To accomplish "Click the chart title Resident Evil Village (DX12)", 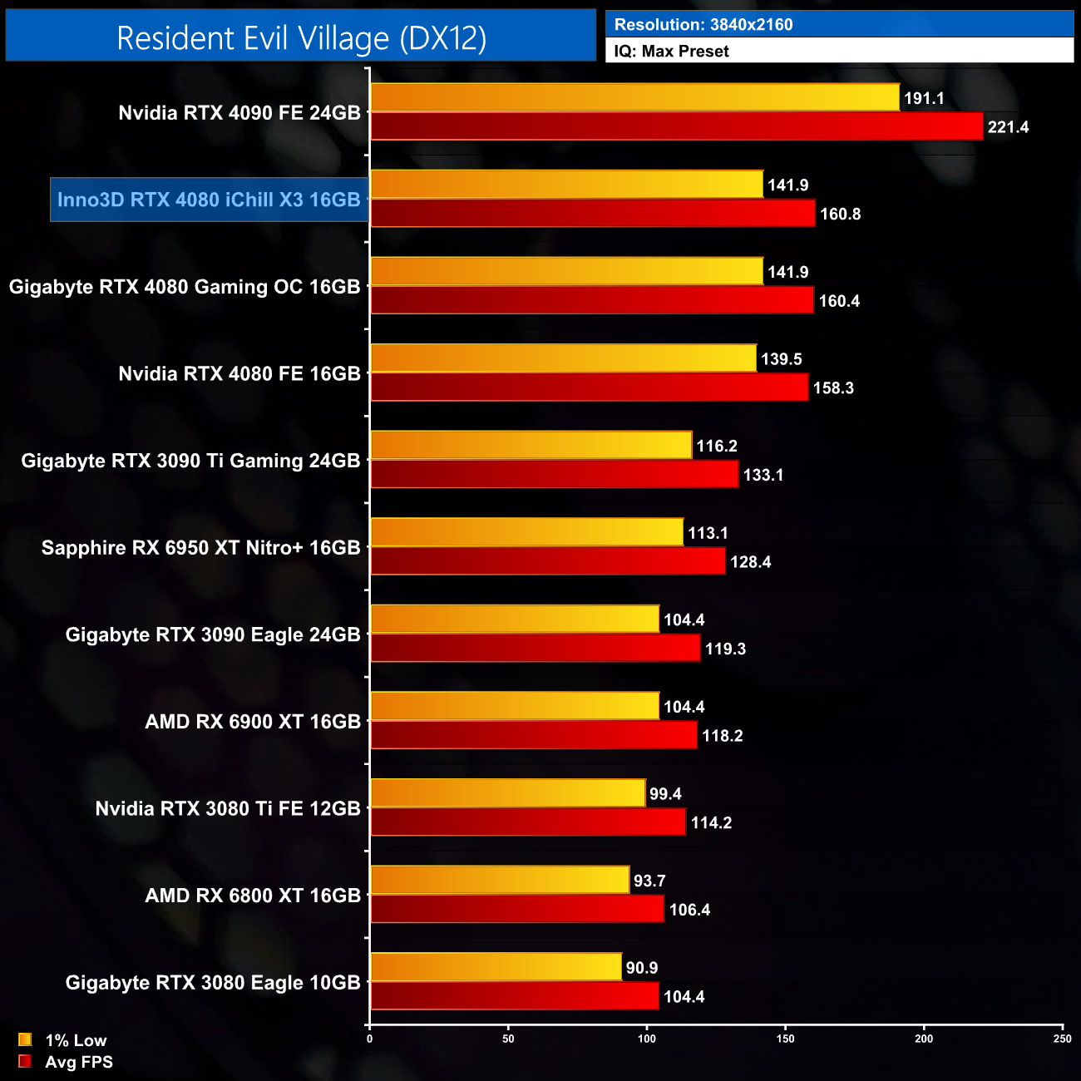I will tap(301, 38).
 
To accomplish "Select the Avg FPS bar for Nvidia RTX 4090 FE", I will tap(676, 126).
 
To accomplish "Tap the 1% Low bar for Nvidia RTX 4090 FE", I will tap(634, 97).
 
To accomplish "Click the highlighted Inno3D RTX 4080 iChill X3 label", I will tap(209, 200).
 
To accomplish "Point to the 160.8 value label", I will tap(840, 214).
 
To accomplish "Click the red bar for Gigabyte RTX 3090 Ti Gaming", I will tap(554, 474).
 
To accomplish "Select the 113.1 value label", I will tap(708, 533).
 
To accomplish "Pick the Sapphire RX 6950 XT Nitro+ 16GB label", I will tap(201, 548).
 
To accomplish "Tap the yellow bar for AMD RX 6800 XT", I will tap(499, 880).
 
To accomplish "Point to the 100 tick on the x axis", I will tap(647, 1038).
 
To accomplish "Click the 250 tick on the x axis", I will tap(1062, 1038).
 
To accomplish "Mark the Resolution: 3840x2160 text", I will tap(703, 24).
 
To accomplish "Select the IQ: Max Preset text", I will tap(671, 51).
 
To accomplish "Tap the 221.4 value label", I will tap(1008, 127).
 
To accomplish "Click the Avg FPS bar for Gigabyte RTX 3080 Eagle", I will tap(514, 995).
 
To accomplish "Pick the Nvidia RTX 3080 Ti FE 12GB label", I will tap(228, 809).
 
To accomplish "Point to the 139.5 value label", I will tap(782, 359).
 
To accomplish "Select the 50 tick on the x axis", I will tap(508, 1038).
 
